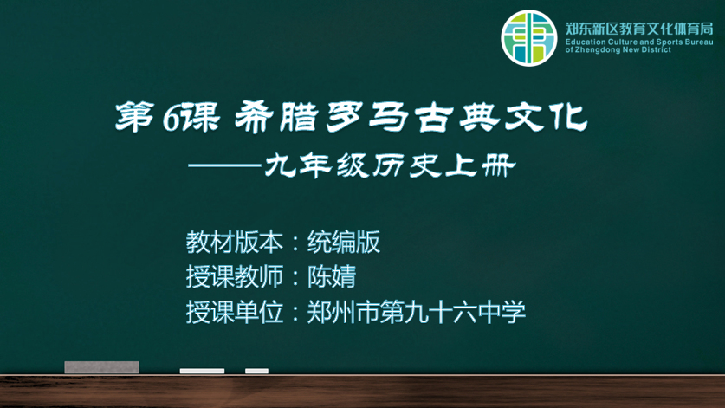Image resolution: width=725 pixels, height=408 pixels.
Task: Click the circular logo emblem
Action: tap(529, 38)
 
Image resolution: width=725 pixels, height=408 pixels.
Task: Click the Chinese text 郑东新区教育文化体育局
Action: tap(639, 29)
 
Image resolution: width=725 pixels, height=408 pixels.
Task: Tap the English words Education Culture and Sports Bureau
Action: tap(639, 42)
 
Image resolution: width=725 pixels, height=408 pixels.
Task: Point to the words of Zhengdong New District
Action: tap(618, 50)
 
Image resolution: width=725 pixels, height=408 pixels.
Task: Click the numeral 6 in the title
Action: tap(172, 119)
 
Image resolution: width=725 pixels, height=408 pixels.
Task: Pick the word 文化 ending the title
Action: tap(546, 117)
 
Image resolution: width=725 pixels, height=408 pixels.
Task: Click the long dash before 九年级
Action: tap(225, 165)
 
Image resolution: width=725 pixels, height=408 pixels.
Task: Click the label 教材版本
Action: tap(235, 242)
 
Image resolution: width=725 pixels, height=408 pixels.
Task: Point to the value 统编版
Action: tap(344, 242)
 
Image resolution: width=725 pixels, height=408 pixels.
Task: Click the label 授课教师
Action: tap(235, 276)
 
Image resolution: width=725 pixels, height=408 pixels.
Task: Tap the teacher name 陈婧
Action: tap(332, 276)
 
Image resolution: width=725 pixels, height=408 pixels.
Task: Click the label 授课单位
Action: tap(235, 312)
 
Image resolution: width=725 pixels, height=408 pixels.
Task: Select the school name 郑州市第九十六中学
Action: tap(416, 312)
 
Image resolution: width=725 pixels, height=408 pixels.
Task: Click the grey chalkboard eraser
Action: tap(101, 367)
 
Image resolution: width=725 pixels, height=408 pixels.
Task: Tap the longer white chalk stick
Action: tap(202, 371)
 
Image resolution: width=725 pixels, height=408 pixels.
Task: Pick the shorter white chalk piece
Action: tap(256, 371)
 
